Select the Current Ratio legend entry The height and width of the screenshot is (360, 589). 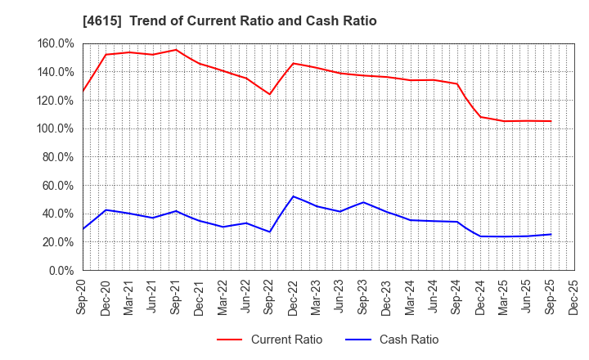point(269,340)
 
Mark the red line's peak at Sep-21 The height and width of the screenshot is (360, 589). point(176,50)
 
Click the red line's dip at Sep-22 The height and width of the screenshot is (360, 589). point(269,94)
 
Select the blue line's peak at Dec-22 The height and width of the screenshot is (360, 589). point(293,196)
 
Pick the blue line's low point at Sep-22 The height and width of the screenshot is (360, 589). point(269,232)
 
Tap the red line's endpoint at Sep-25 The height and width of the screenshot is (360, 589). point(551,121)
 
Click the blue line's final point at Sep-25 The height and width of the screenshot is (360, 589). point(551,234)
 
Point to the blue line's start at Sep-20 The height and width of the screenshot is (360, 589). point(83,229)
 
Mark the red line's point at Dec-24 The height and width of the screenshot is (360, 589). point(480,116)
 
